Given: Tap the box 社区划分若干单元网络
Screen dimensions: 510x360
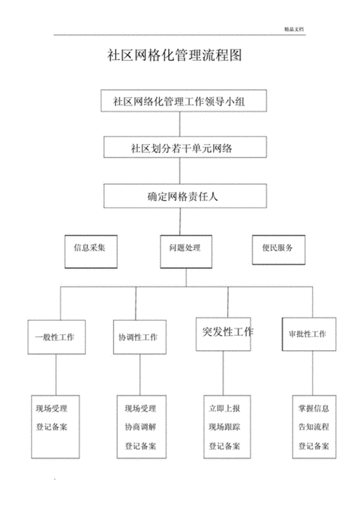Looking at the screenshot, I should [179, 148].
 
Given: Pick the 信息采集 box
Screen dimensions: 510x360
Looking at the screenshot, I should [89, 249].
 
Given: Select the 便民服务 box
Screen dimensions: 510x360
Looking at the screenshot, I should [279, 249].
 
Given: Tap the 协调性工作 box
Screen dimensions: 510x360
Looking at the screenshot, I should [137, 335].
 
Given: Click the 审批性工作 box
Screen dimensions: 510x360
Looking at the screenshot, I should [308, 334].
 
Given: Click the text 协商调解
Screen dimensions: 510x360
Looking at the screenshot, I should [140, 427].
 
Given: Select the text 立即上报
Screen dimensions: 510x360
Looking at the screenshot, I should [225, 409].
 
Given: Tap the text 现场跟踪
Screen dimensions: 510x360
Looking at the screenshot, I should [225, 427].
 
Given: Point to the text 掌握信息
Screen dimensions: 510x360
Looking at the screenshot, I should [314, 409].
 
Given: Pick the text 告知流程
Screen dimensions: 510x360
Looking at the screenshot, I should [314, 427].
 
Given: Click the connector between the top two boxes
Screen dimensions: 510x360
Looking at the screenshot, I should [179, 124].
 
